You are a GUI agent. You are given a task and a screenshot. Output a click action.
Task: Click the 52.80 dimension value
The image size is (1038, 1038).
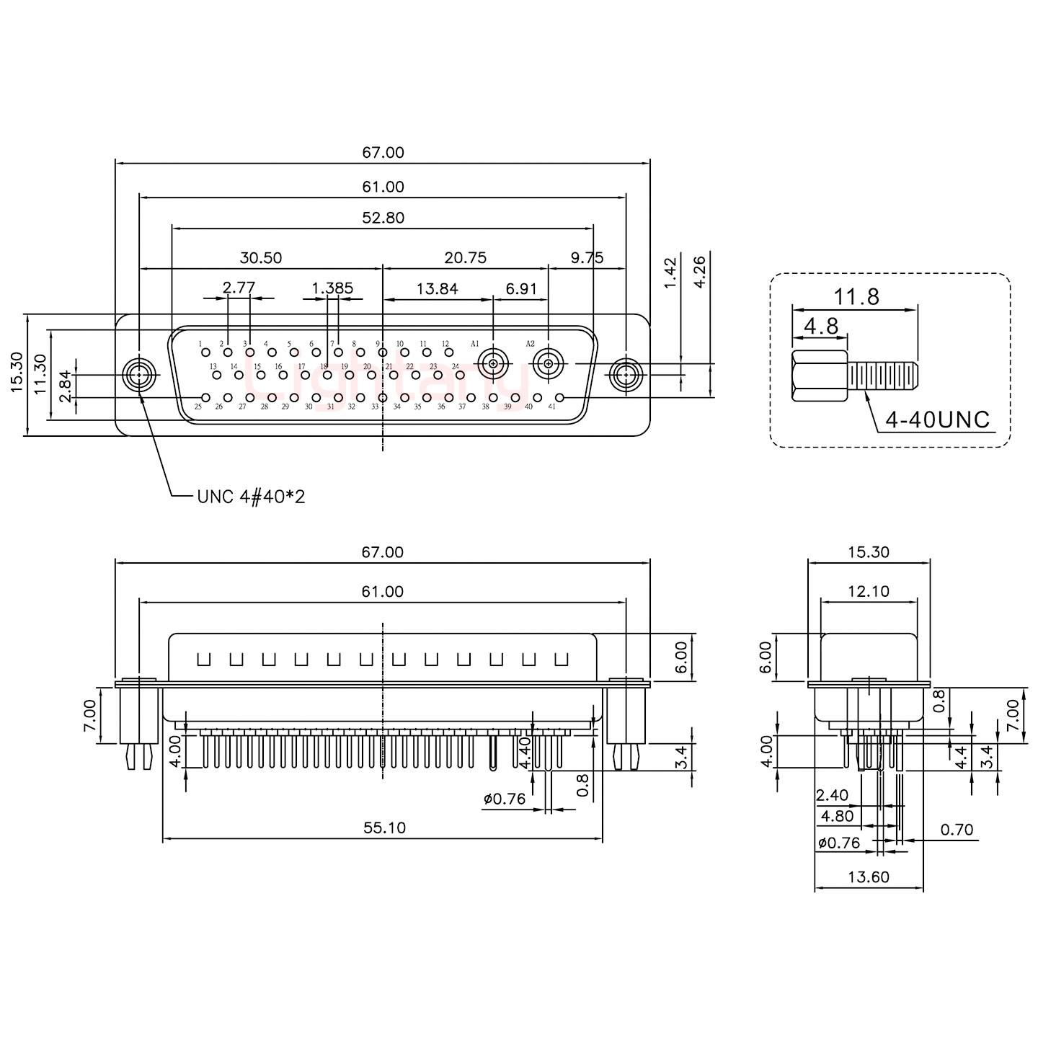383,218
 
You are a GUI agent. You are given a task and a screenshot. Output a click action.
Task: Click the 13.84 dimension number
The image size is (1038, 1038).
437,289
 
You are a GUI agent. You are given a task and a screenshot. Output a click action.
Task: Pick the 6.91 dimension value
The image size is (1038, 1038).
521,289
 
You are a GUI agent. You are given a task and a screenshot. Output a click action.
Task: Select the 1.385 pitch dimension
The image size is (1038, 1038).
332,289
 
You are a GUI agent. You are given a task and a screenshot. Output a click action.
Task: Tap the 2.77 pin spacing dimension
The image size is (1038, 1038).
239,289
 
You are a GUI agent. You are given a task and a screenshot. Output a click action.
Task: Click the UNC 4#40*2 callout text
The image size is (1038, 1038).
251,497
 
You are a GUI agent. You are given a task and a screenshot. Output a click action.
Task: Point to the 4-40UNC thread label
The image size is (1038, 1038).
937,420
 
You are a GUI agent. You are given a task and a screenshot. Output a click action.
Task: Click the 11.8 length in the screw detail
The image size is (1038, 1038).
856,296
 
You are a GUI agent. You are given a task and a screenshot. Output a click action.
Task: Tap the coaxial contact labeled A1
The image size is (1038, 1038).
494,365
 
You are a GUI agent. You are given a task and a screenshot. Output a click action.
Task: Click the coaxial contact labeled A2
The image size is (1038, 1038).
548,365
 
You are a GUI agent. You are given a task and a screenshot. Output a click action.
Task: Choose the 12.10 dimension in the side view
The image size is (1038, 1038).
869,592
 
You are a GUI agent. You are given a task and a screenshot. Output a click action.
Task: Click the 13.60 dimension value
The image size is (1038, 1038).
869,877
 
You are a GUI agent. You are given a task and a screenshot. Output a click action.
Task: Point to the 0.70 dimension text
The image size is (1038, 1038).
957,830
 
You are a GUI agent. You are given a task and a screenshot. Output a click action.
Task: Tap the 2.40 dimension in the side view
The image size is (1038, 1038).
832,796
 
